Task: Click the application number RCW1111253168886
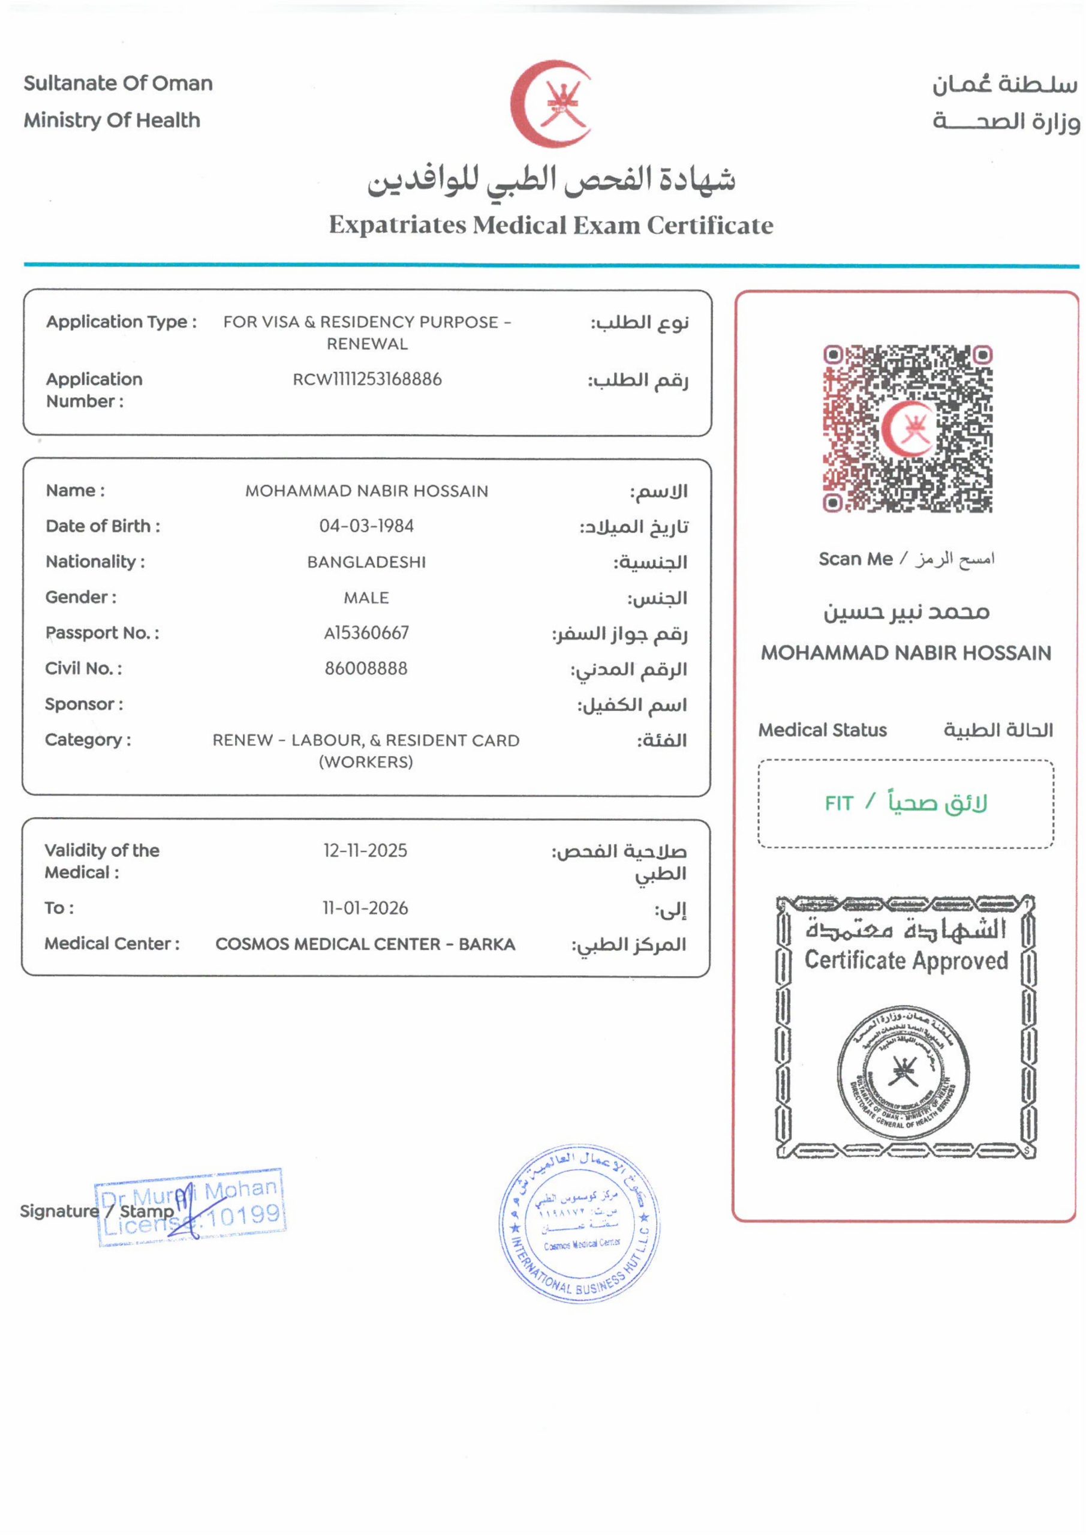pyautogui.click(x=367, y=379)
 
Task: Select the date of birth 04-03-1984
pyautogui.click(x=366, y=526)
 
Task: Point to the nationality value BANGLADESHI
pyautogui.click(x=366, y=562)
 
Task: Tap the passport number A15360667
pyautogui.click(x=366, y=633)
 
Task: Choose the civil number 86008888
pyautogui.click(x=366, y=668)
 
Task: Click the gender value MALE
pyautogui.click(x=366, y=598)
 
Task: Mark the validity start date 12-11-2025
pyautogui.click(x=366, y=850)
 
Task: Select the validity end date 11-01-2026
pyautogui.click(x=365, y=908)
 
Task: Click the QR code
pyautogui.click(x=907, y=430)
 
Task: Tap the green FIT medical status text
pyautogui.click(x=840, y=803)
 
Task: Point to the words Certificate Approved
pyautogui.click(x=906, y=961)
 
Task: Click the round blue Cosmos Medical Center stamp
pyautogui.click(x=580, y=1223)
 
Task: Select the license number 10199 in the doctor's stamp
pyautogui.click(x=242, y=1215)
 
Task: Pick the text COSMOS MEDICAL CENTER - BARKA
pyautogui.click(x=365, y=944)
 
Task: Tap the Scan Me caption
pyautogui.click(x=855, y=559)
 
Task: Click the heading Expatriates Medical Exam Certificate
pyautogui.click(x=551, y=225)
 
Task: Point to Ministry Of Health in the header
pyautogui.click(x=112, y=121)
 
